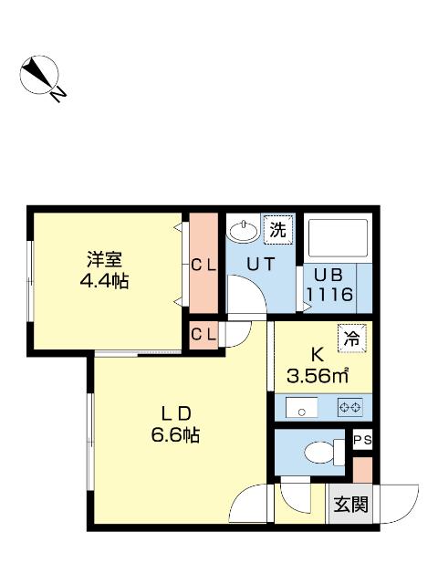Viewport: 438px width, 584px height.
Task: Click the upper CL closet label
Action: pyautogui.click(x=203, y=266)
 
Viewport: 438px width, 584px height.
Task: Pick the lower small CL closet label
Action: pyautogui.click(x=203, y=334)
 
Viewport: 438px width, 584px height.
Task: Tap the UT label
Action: pyautogui.click(x=263, y=265)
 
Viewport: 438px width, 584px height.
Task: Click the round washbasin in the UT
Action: pyautogui.click(x=243, y=230)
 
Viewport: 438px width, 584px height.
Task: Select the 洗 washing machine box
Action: pyautogui.click(x=277, y=229)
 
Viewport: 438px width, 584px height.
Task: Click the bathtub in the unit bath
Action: pyautogui.click(x=337, y=239)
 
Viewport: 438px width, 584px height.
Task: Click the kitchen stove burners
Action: pyautogui.click(x=349, y=407)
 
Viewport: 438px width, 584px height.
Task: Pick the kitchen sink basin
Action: pyautogui.click(x=299, y=407)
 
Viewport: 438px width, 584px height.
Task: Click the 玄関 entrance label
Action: pyautogui.click(x=349, y=504)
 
